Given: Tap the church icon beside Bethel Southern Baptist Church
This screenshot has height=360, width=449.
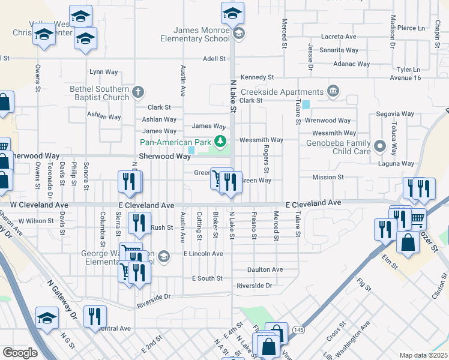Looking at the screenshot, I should point(138,92).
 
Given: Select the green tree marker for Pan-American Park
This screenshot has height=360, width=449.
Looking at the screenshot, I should point(221,142).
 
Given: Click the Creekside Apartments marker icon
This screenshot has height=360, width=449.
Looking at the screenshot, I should point(333,92).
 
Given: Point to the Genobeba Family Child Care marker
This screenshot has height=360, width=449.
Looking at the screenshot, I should point(379,146).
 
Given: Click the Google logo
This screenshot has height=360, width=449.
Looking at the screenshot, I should point(20,353).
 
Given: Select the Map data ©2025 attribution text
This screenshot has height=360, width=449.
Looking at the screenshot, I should point(423,355).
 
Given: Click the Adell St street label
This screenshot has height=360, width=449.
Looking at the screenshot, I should point(214,59).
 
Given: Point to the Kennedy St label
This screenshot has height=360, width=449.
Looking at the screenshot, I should point(257,77).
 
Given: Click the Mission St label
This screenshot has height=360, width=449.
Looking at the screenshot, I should point(328,177).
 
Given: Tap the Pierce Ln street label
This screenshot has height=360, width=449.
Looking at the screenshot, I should point(411,28).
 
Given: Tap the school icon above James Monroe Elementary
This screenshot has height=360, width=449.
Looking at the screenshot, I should point(232,12).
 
